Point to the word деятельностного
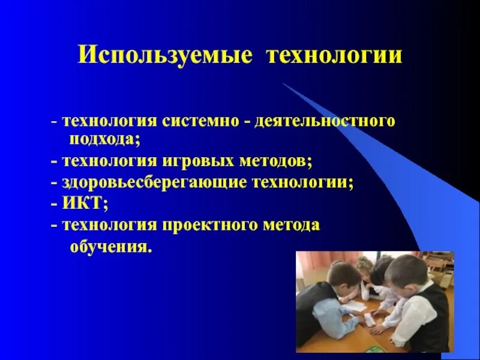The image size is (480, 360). (x=325, y=121)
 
